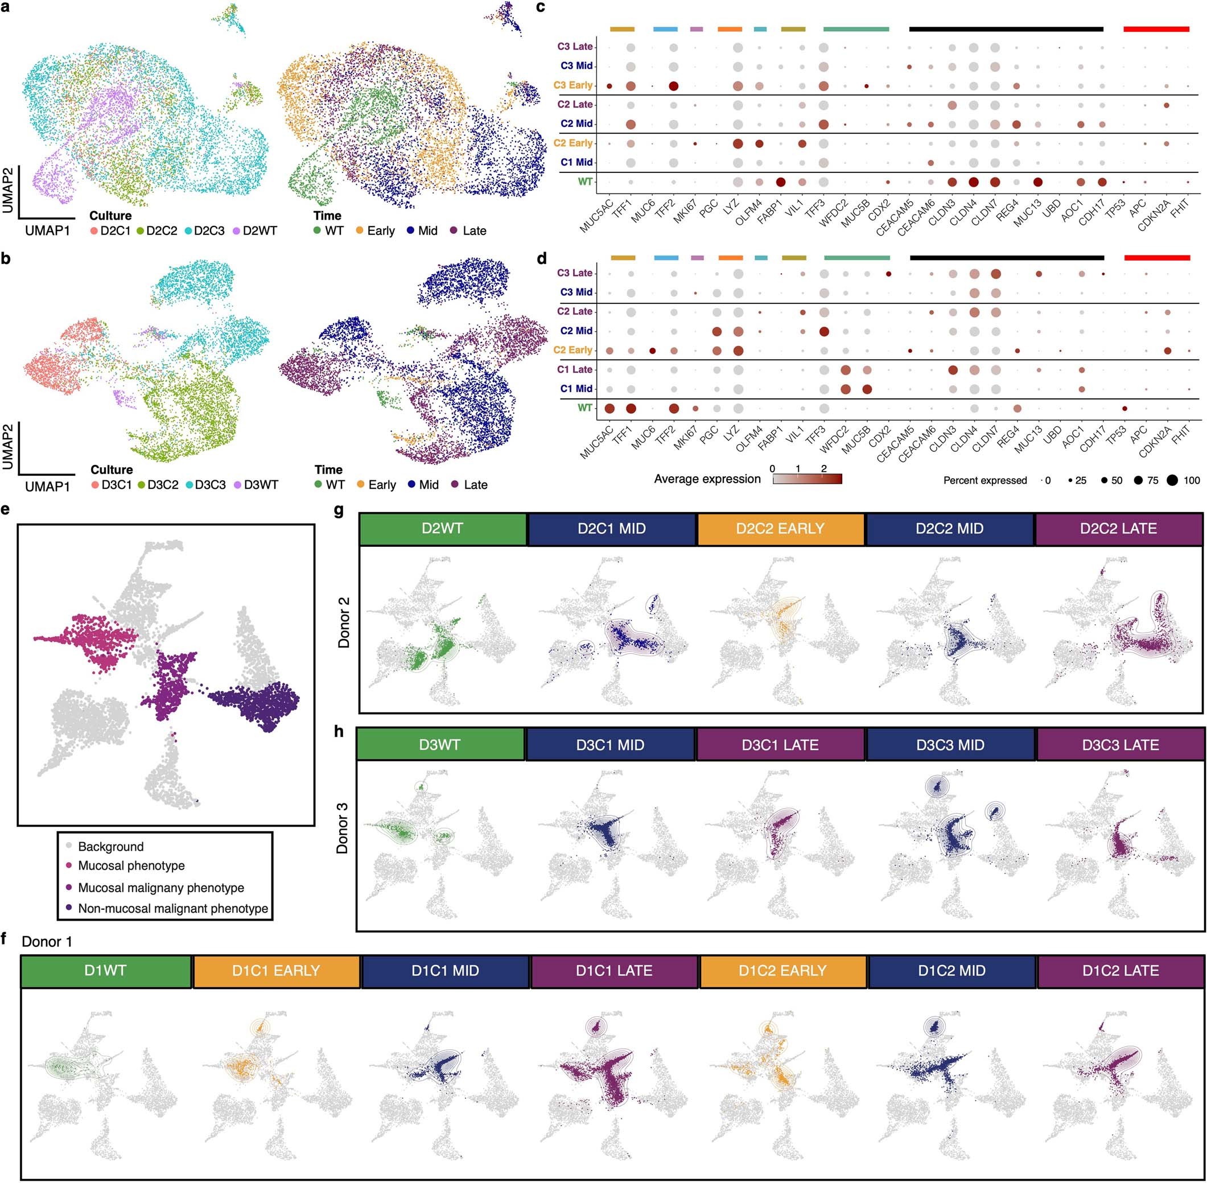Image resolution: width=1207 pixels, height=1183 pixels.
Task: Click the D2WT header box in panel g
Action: [x=443, y=529]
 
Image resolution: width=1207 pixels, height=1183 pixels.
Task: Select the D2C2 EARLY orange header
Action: [x=780, y=529]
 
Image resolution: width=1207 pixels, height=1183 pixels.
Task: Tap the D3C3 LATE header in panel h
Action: [x=1120, y=745]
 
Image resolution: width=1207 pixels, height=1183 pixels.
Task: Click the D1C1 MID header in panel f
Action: [x=445, y=971]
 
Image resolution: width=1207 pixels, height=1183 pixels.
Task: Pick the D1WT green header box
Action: [x=106, y=971]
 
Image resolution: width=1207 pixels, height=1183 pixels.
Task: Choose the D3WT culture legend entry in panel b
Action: [x=256, y=485]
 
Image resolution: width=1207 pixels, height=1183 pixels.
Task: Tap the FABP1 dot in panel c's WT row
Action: [x=781, y=182]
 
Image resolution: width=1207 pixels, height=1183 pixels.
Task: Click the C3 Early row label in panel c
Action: [x=574, y=85]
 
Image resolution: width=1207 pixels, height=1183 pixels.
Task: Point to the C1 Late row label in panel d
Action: [x=575, y=370]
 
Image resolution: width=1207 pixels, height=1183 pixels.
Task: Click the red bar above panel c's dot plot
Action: [x=1156, y=29]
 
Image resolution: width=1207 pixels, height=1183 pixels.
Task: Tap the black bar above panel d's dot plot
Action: [x=1006, y=257]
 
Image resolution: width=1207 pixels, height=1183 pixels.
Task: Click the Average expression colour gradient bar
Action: [x=807, y=479]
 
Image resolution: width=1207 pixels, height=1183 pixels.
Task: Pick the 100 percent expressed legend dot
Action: [x=1172, y=480]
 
